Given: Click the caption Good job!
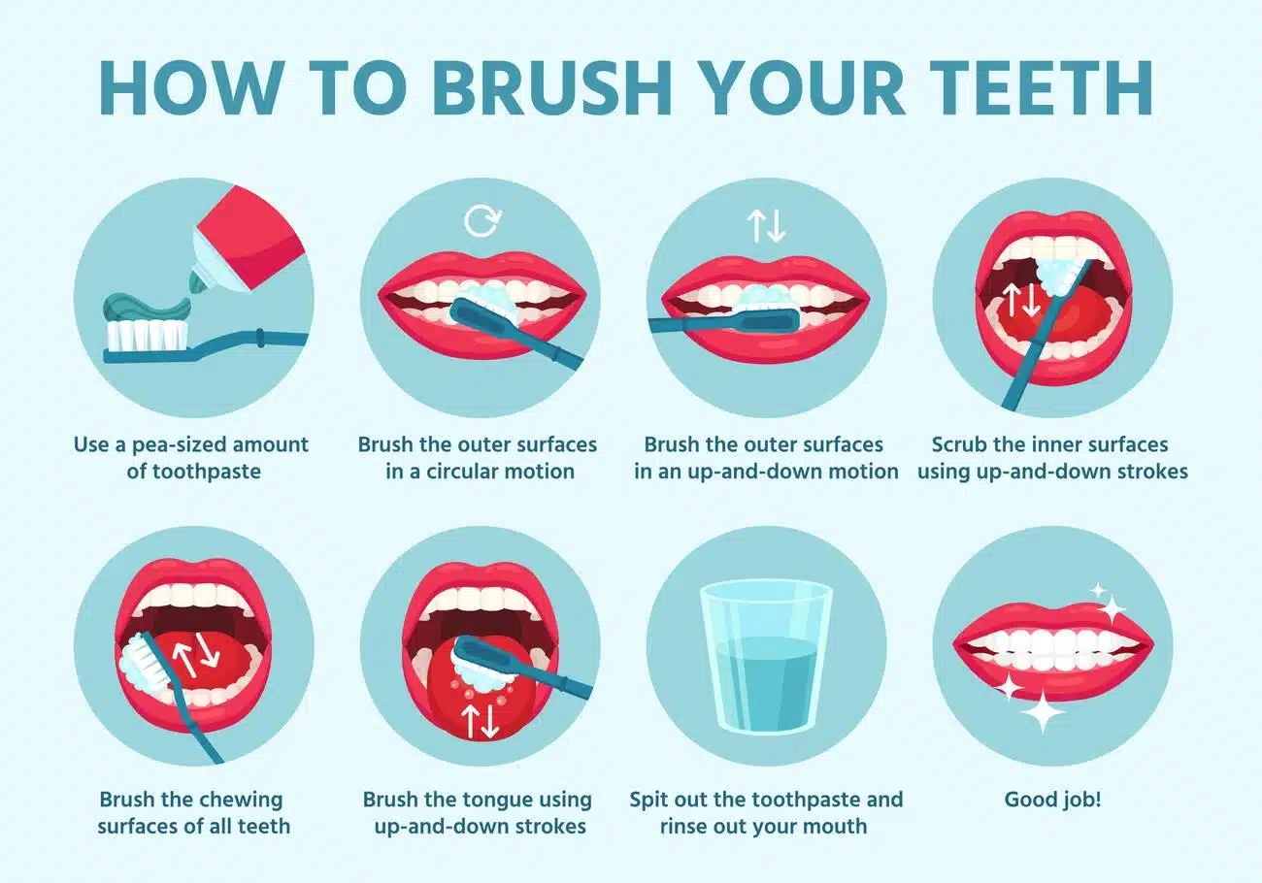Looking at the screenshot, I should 1052,801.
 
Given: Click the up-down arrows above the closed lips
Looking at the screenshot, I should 766,225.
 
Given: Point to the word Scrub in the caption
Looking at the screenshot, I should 958,444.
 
